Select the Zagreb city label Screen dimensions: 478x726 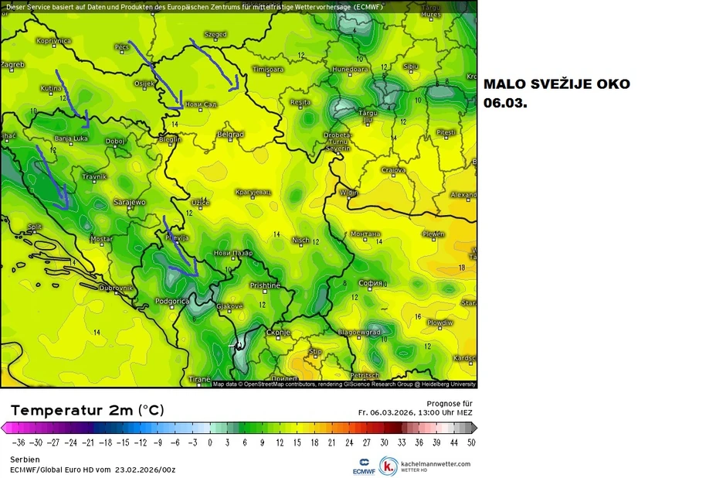(13, 65)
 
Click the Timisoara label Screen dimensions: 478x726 (268, 69)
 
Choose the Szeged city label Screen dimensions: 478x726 (215, 34)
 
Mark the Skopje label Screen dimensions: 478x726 (278, 332)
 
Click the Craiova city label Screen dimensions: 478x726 (394, 170)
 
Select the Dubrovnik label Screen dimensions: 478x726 (116, 288)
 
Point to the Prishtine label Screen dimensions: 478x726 (265, 285)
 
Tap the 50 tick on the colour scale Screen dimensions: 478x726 (471, 443)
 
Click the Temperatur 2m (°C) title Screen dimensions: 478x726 (87, 410)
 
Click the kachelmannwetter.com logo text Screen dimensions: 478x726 (435, 464)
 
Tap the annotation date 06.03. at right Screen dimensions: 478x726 (505, 101)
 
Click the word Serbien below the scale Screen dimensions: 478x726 (25, 459)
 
